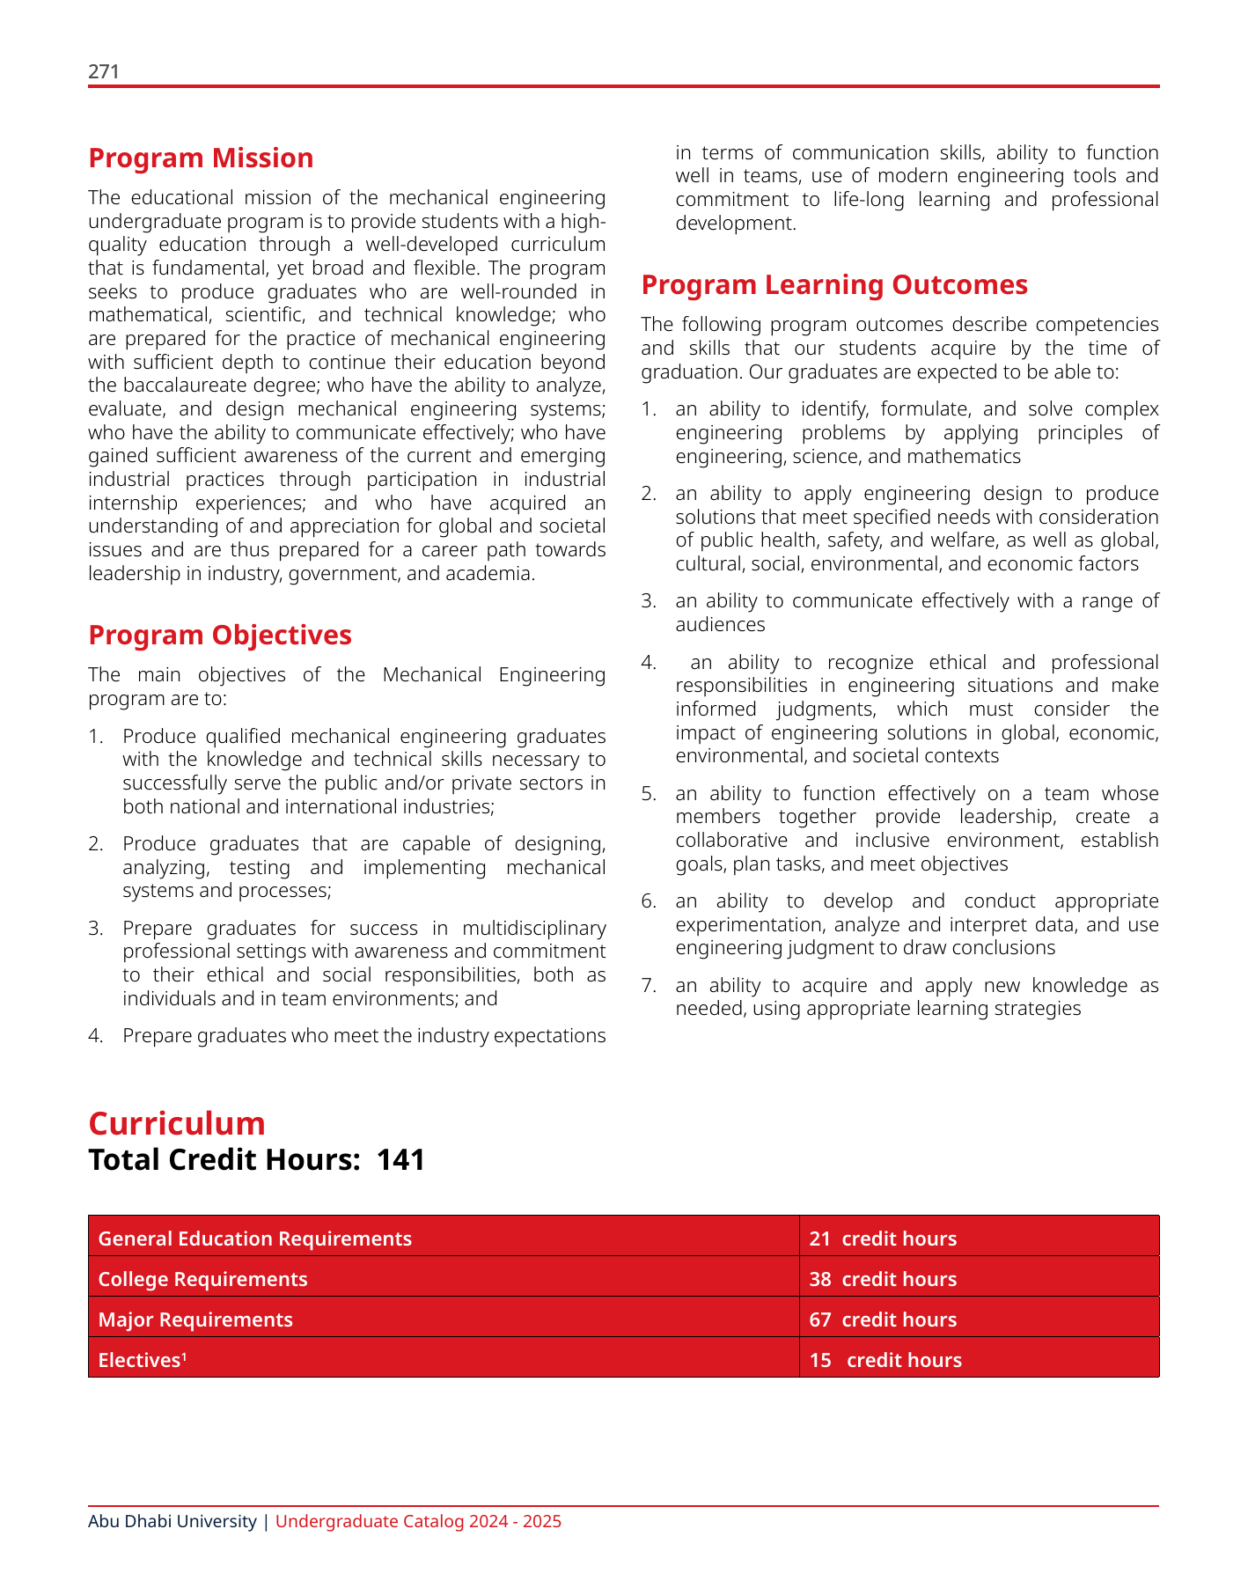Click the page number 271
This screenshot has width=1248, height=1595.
(103, 72)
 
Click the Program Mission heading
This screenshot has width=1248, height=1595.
(201, 158)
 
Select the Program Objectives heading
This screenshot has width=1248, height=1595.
(220, 636)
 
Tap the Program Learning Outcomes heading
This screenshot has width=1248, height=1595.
(834, 285)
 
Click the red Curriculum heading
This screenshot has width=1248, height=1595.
(177, 1124)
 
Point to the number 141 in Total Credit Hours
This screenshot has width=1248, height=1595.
(401, 1160)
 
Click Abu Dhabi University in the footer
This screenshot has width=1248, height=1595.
(172, 1521)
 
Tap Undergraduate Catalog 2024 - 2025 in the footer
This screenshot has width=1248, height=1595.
(418, 1521)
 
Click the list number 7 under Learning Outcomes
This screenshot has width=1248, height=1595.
(648, 986)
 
